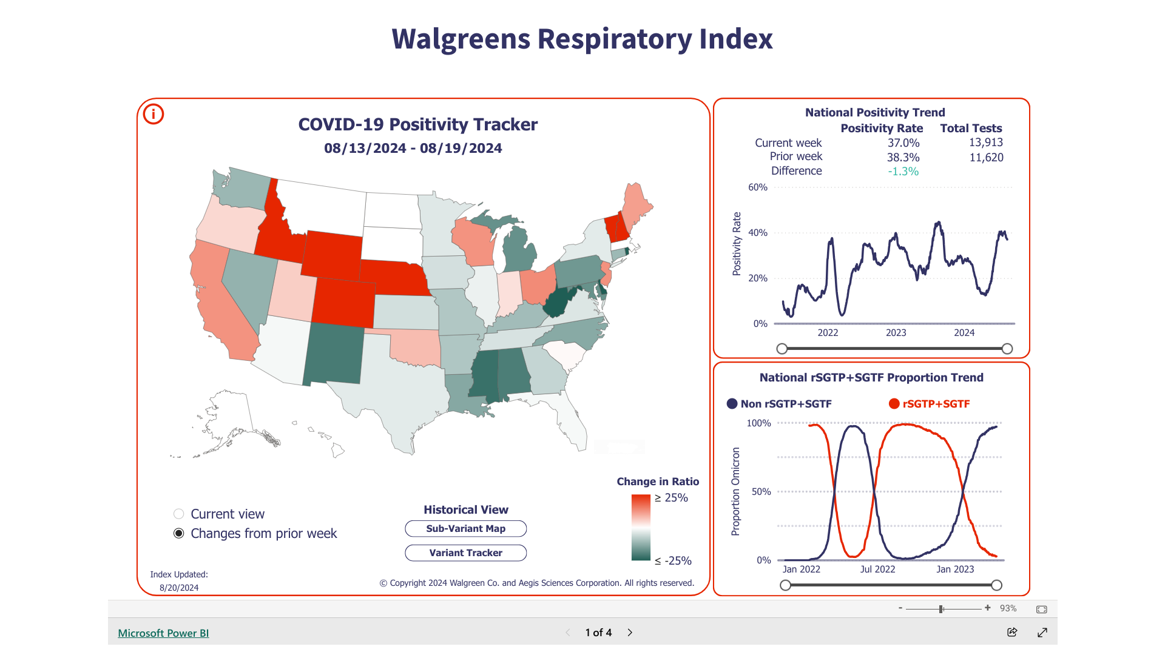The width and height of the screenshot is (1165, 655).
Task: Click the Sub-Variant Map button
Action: pos(465,528)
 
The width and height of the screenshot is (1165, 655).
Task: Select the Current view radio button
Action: pos(179,514)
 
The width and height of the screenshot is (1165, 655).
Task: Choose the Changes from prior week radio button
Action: pos(179,534)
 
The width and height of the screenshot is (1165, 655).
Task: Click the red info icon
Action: pos(154,114)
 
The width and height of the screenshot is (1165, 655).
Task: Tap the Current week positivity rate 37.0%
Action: pos(903,143)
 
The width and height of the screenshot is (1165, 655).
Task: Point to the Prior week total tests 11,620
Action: pos(986,158)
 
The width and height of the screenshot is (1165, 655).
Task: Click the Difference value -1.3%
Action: pos(903,172)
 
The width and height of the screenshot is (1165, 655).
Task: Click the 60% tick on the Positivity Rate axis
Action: pos(758,187)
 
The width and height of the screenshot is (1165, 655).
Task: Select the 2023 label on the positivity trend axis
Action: pos(896,333)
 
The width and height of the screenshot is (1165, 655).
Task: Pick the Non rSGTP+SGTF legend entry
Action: pos(780,404)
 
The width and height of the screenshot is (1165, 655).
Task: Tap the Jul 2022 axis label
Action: pos(877,569)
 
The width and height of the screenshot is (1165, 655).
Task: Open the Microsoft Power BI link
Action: pos(163,633)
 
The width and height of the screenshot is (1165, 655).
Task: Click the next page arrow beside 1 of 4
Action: pos(630,633)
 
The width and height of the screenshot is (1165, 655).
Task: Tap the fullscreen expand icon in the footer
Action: pos(1042,633)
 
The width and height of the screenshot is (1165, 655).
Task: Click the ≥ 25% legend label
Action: pos(671,498)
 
